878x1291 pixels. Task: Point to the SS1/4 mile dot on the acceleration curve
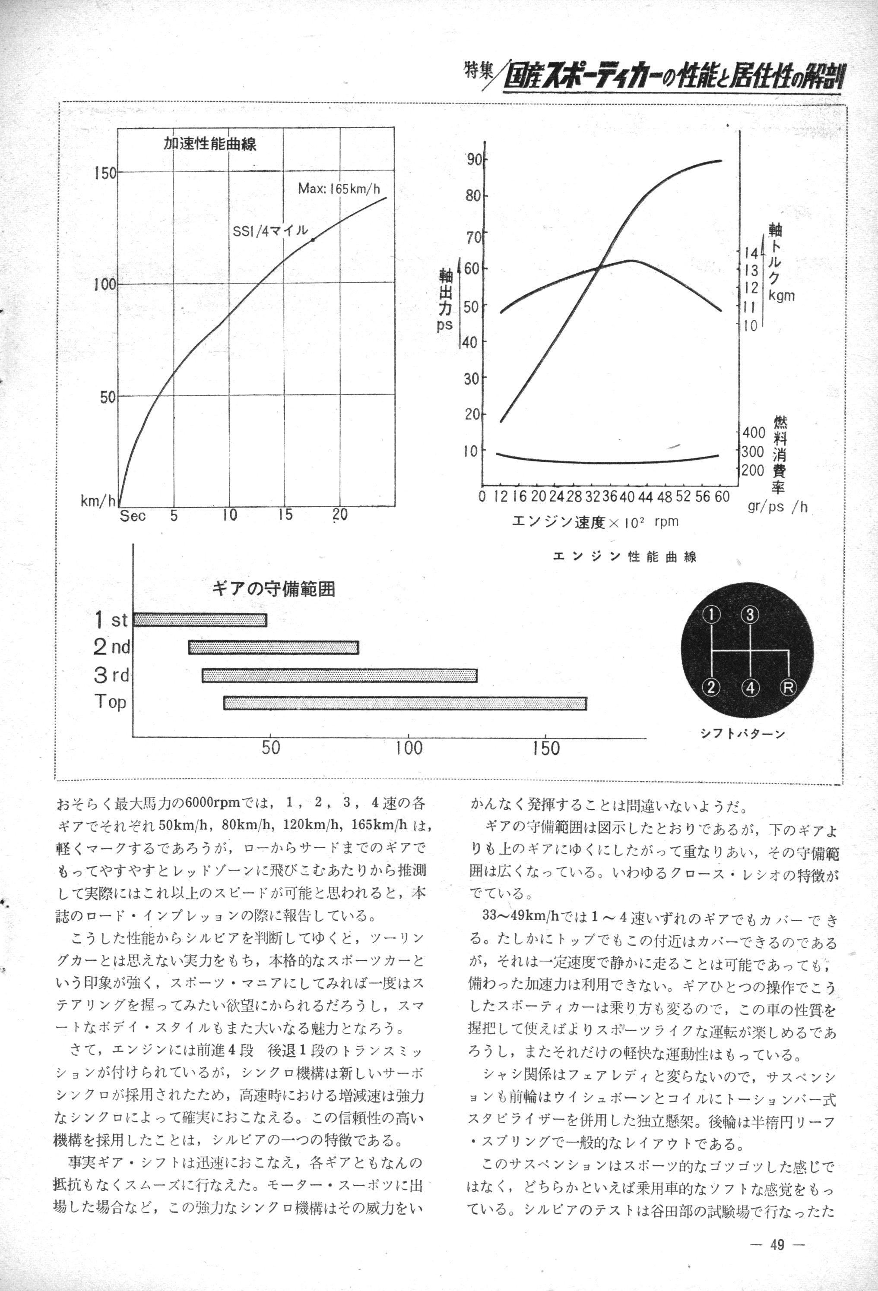tap(313, 240)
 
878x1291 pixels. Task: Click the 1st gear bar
tap(200, 620)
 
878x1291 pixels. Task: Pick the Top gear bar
tap(405, 703)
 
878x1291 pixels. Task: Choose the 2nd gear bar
tap(273, 647)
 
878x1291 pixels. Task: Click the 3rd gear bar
tap(339, 675)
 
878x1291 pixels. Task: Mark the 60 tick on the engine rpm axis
tap(722, 496)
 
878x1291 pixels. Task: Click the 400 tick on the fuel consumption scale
tap(754, 432)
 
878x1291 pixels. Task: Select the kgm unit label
tap(781, 296)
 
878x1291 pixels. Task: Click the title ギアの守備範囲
tap(273, 589)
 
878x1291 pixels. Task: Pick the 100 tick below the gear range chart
tap(409, 748)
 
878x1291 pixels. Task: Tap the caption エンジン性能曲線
tap(624, 557)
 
